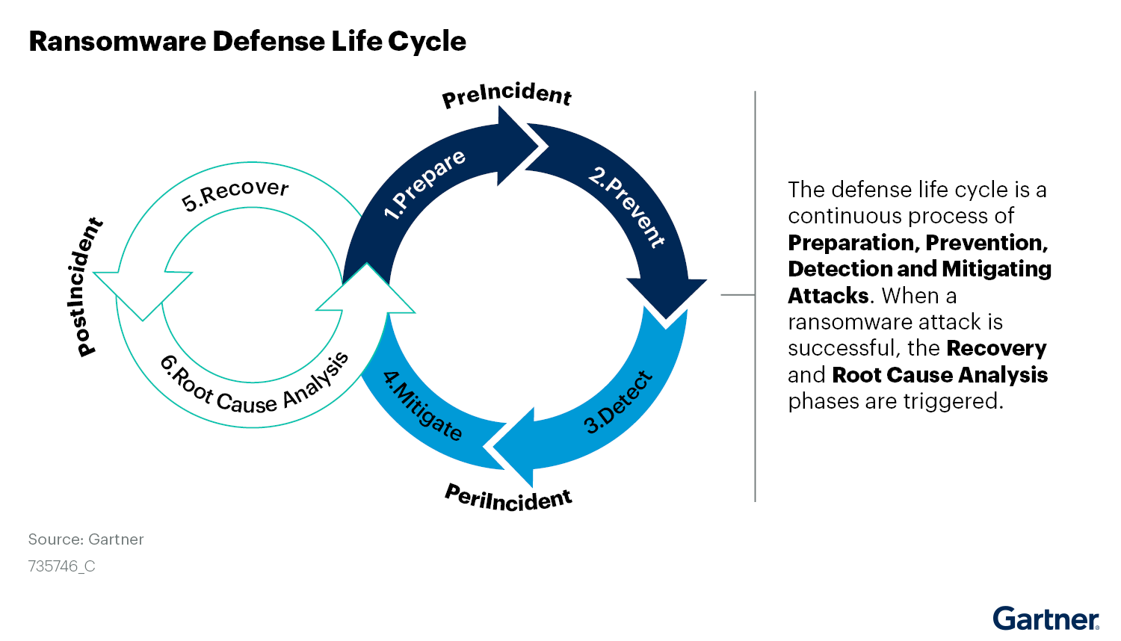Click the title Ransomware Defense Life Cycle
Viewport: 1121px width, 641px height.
tap(247, 41)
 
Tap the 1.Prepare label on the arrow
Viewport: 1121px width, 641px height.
tap(424, 185)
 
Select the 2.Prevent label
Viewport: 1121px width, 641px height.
tap(626, 208)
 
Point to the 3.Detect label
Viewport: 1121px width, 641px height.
tap(618, 403)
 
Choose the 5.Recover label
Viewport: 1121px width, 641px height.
tap(235, 194)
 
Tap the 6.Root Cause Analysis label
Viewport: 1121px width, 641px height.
tap(254, 385)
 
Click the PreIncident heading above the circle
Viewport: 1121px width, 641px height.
tap(507, 95)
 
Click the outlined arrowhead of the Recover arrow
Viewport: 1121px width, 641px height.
tap(142, 296)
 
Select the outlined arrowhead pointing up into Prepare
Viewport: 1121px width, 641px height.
tap(366, 288)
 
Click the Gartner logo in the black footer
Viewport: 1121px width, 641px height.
tap(1046, 619)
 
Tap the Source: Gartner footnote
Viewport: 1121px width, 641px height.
tap(86, 539)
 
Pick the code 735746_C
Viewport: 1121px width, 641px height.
tap(61, 566)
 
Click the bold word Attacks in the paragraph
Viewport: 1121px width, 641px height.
tap(828, 296)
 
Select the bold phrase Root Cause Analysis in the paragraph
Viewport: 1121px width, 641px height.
tap(939, 375)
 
